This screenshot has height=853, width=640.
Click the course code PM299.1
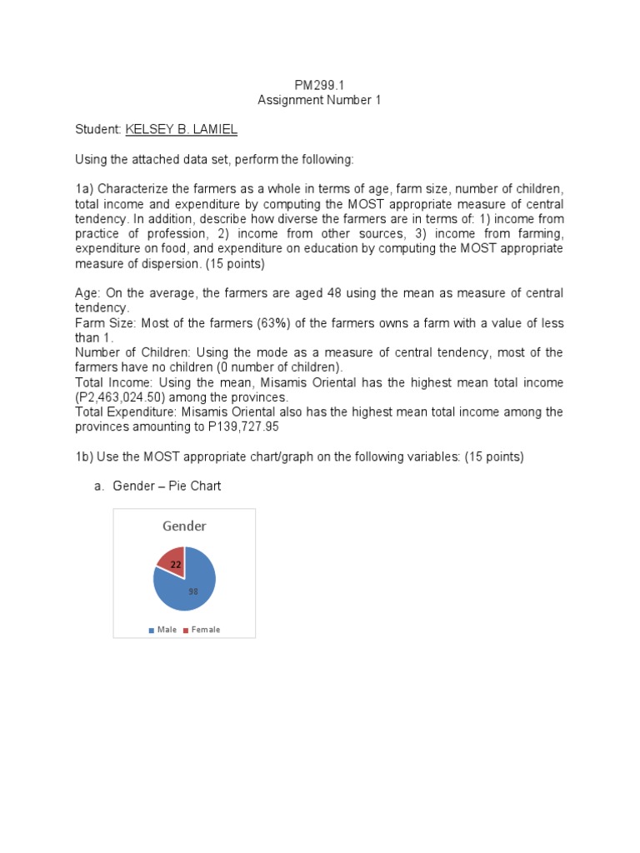pyautogui.click(x=319, y=85)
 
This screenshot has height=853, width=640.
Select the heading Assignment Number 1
pyautogui.click(x=319, y=100)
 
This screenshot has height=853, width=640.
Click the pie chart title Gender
pyautogui.click(x=184, y=526)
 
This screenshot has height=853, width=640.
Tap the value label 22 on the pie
pyautogui.click(x=176, y=565)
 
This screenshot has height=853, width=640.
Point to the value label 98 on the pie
pyautogui.click(x=192, y=591)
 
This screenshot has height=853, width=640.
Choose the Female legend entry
pyautogui.click(x=202, y=630)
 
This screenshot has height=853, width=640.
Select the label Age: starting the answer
pyautogui.click(x=88, y=293)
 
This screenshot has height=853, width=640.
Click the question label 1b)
pyautogui.click(x=85, y=456)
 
